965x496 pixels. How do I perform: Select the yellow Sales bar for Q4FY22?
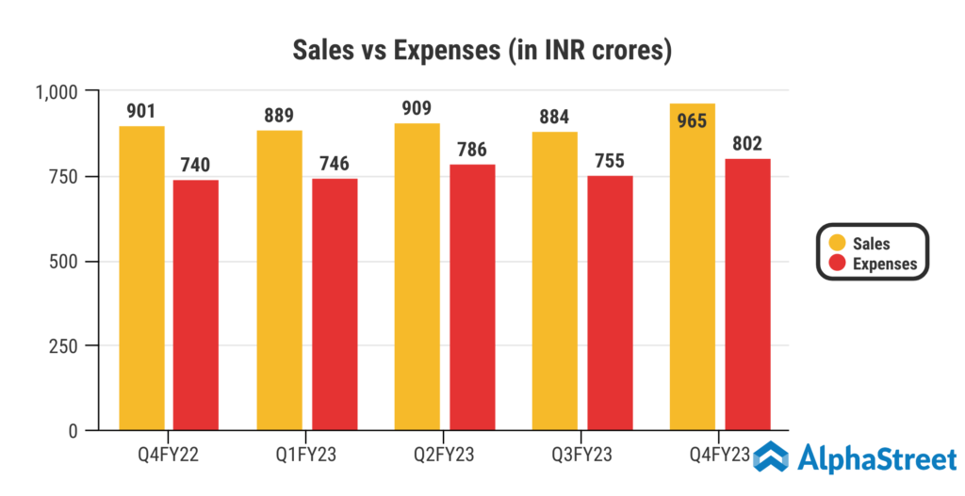141,279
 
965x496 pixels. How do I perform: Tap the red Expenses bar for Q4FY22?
196,305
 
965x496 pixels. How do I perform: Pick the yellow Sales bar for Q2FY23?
417,277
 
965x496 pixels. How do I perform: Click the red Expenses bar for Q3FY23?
610,303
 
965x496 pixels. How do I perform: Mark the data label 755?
610,162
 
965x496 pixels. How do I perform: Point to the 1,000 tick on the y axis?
59,91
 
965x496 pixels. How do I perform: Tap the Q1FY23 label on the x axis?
307,456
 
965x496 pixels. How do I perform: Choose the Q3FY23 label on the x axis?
582,456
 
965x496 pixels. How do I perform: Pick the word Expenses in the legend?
885,264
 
